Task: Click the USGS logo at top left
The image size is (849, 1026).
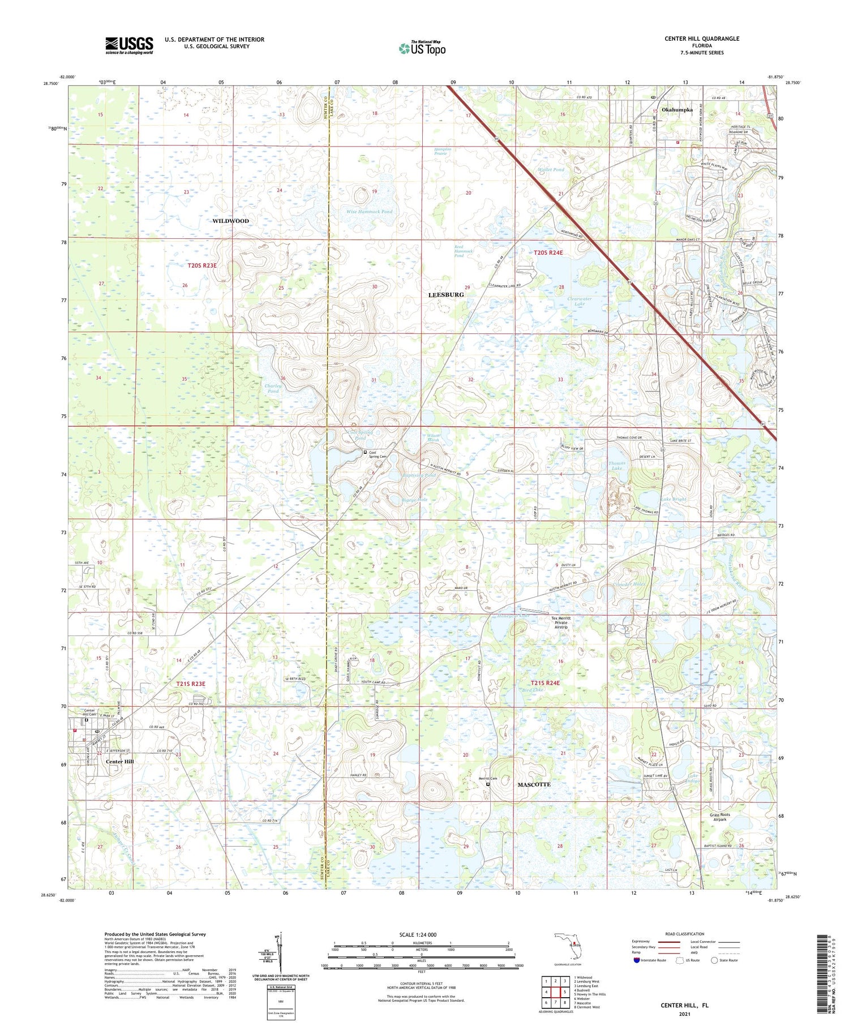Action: click(x=128, y=45)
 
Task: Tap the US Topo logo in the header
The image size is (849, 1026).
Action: click(x=422, y=48)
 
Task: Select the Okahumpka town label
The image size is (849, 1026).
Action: click(x=677, y=110)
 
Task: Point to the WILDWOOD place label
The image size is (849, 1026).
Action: click(x=230, y=221)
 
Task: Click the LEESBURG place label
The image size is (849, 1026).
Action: click(x=446, y=295)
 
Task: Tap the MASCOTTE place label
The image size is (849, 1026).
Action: click(x=534, y=784)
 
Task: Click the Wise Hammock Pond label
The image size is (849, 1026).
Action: click(x=369, y=212)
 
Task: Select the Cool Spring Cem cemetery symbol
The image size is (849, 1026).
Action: click(x=365, y=452)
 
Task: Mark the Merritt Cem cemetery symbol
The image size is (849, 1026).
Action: click(x=487, y=784)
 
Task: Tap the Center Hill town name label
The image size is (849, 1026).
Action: click(x=120, y=762)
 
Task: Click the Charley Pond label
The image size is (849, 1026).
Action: click(x=272, y=388)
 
